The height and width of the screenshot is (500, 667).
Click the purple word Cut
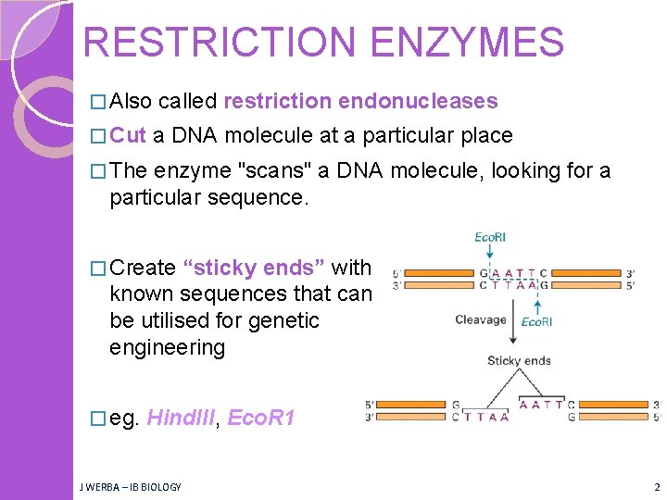(128, 136)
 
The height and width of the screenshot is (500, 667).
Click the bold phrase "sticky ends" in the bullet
(254, 269)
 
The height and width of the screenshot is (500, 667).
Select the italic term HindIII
(181, 419)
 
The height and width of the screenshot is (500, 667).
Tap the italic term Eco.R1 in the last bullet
(260, 419)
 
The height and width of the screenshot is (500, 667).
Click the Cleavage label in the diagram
(481, 320)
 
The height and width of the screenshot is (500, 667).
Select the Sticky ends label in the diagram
(519, 360)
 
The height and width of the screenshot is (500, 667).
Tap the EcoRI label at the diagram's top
(491, 238)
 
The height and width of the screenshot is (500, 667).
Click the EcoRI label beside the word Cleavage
(538, 321)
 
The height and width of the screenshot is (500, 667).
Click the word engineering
(167, 348)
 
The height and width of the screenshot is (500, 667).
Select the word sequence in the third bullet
(258, 197)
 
